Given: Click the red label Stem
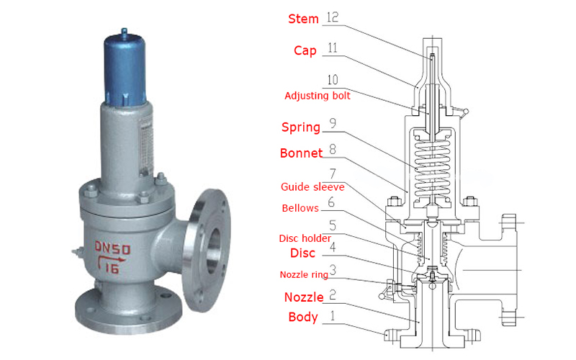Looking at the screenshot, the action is point(303,19).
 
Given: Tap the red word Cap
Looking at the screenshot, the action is point(305,50).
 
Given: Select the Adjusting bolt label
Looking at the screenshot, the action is point(318,96).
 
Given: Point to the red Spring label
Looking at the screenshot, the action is point(301,127).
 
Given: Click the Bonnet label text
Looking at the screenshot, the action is point(301,153).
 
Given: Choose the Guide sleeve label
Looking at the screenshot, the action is point(312,187).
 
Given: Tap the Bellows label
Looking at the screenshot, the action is point(300,208).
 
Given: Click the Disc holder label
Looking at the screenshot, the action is point(305,238).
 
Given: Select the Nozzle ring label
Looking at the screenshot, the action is point(304,274).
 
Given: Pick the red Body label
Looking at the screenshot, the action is point(303,317).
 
